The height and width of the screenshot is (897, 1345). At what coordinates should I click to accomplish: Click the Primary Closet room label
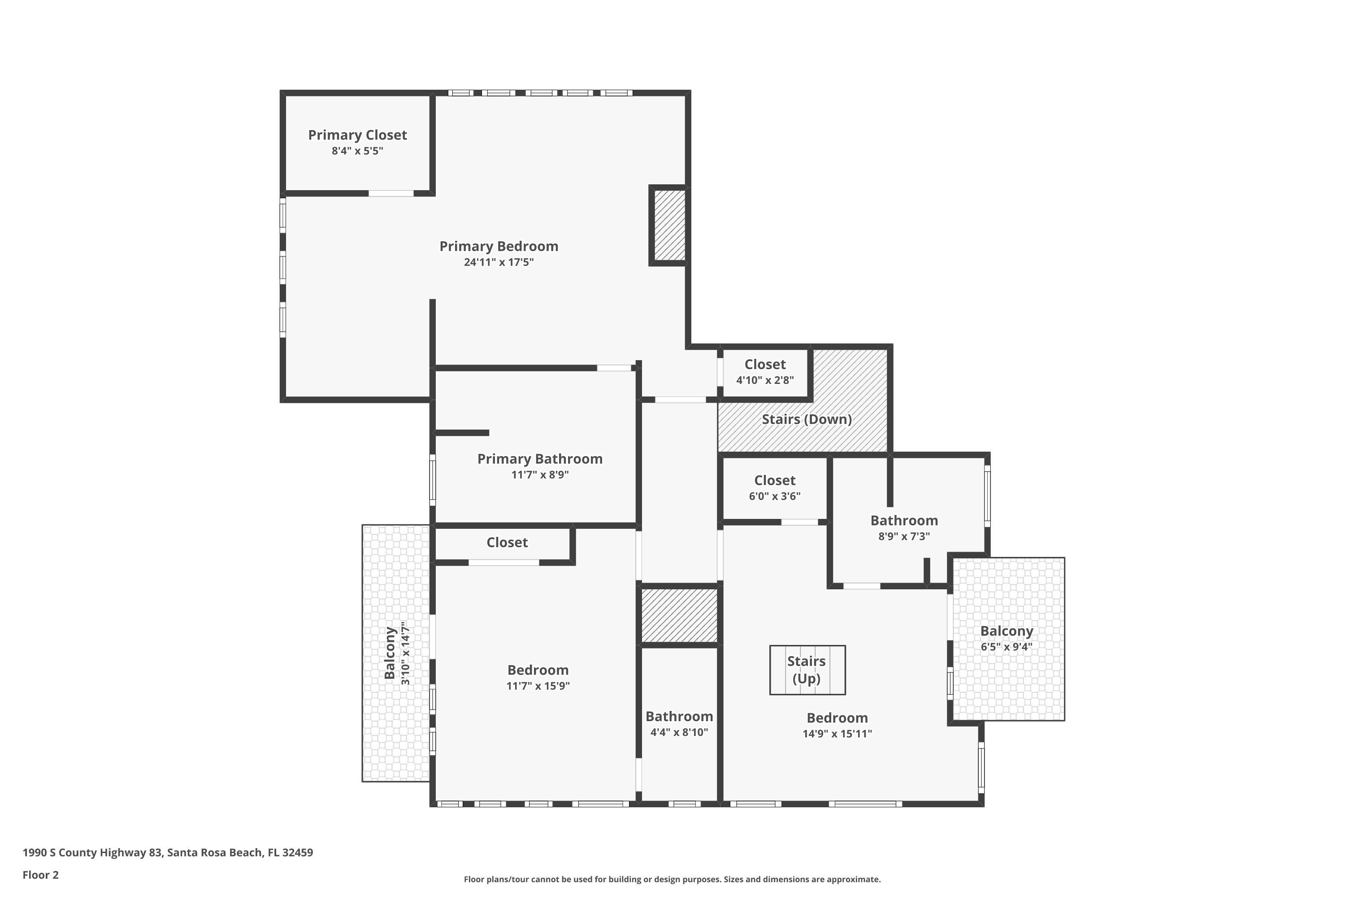[357, 135]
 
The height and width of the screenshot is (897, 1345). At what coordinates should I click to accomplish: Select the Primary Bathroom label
[540, 459]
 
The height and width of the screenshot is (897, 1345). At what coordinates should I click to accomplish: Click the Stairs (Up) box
[807, 670]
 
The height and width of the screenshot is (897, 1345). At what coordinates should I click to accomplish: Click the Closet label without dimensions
[507, 542]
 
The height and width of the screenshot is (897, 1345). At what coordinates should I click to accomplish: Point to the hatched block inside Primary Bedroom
[669, 226]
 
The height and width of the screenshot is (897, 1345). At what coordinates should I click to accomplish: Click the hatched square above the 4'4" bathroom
[679, 615]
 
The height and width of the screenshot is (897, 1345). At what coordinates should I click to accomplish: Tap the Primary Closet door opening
[390, 193]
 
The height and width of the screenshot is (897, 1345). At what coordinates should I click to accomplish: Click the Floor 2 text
[41, 875]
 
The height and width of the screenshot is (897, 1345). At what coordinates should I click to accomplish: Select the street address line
[168, 853]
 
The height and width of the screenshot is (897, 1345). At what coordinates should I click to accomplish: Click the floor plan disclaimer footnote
[672, 879]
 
